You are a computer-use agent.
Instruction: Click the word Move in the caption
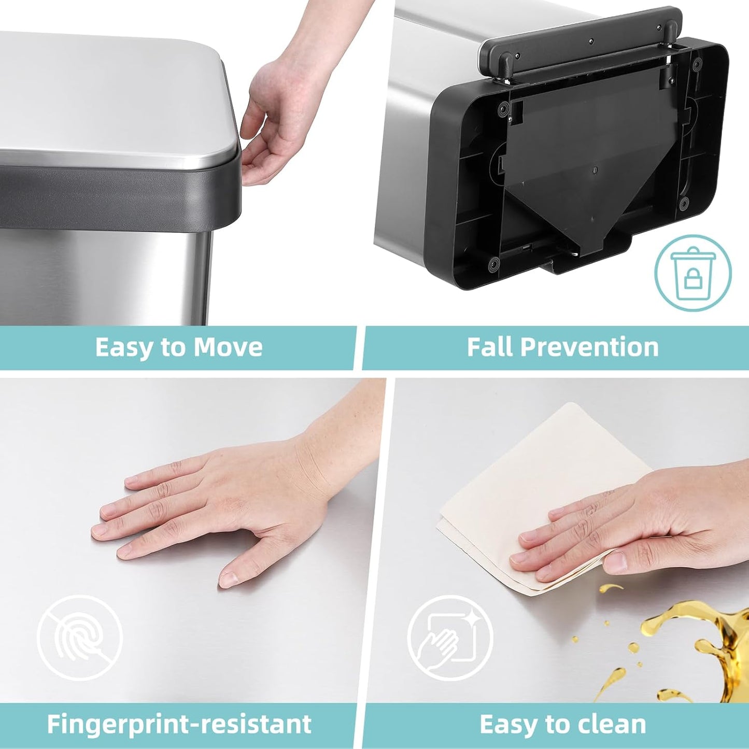click(x=228, y=347)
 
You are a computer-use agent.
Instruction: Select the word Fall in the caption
click(x=489, y=347)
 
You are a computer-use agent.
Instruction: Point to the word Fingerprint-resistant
click(x=179, y=724)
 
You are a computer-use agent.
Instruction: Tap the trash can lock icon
click(x=693, y=273)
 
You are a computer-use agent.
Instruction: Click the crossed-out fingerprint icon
click(x=79, y=638)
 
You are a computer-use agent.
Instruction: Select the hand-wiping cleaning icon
click(x=449, y=638)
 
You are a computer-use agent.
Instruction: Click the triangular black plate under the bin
click(x=586, y=176)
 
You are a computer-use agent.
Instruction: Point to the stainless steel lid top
click(x=104, y=93)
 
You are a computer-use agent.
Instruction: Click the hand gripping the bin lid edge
click(x=280, y=119)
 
